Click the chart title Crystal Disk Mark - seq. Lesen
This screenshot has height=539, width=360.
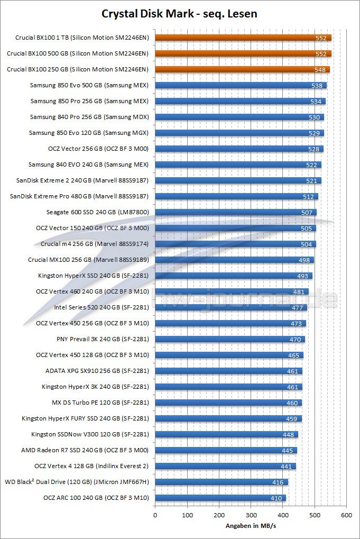pyautogui.click(x=180, y=14)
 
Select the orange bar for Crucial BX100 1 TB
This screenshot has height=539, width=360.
pyautogui.click(x=243, y=38)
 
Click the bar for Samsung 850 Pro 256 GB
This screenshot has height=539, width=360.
pyautogui.click(x=240, y=101)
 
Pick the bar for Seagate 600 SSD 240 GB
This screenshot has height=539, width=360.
pyautogui.click(x=236, y=212)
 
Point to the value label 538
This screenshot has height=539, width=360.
pyautogui.click(x=317, y=86)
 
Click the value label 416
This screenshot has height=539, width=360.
pyautogui.click(x=278, y=482)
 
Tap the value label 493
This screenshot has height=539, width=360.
pyautogui.click(x=302, y=276)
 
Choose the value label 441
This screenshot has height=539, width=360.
pyautogui.click(x=285, y=467)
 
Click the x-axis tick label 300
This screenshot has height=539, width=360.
pyautogui.click(x=251, y=515)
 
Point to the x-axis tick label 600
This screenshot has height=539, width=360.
pyautogui.click(x=347, y=515)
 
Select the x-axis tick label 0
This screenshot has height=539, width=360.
pyautogui.click(x=155, y=515)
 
